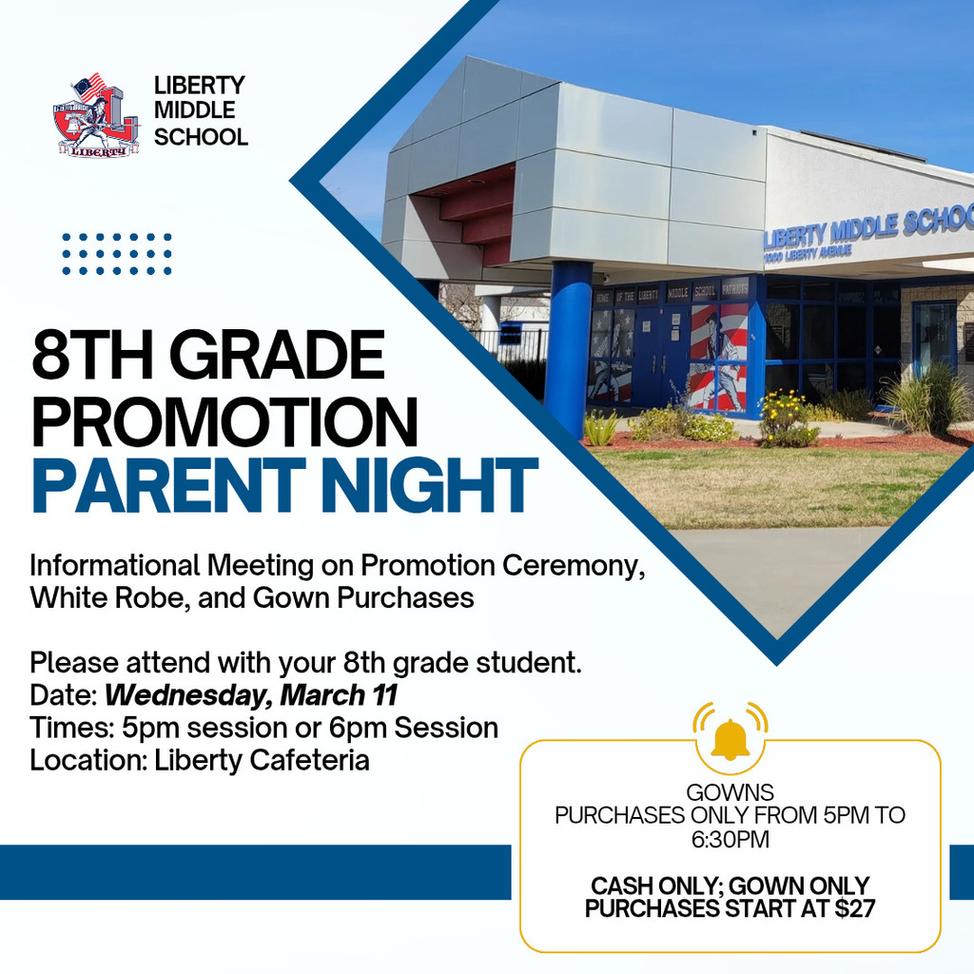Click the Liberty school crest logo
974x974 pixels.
(95, 115)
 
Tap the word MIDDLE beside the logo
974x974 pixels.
(194, 111)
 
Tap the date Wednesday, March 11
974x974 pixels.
(250, 694)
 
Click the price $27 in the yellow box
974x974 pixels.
(853, 908)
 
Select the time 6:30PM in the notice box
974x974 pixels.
(730, 840)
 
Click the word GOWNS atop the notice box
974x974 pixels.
(730, 791)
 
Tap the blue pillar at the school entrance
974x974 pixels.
(568, 347)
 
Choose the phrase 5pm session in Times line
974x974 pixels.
(181, 728)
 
